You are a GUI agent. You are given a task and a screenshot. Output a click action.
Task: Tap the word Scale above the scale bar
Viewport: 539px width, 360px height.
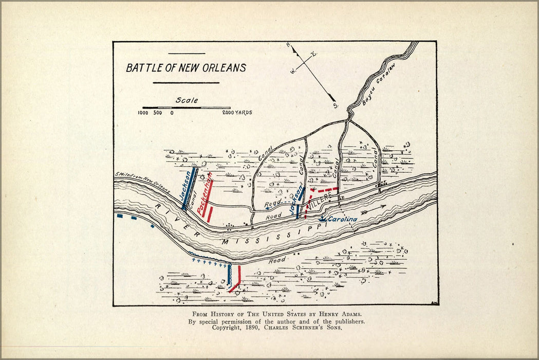[x=187, y=100]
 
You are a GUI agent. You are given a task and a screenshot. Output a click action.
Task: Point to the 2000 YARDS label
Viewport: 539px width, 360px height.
[x=237, y=112]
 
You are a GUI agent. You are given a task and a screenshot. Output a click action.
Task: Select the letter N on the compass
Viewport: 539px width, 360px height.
[x=288, y=45]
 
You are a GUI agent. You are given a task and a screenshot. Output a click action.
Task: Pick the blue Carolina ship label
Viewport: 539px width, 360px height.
[x=342, y=220]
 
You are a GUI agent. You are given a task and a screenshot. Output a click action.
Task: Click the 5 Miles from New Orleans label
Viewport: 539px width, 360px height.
[x=142, y=181]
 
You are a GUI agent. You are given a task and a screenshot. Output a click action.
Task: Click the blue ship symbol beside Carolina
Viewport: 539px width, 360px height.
[x=322, y=219]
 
